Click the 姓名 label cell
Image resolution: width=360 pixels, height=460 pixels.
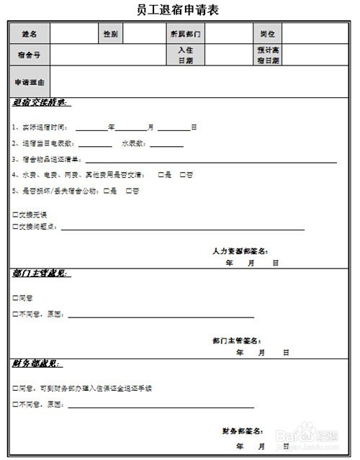tap(30, 34)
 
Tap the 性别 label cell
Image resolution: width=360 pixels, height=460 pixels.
tap(111, 34)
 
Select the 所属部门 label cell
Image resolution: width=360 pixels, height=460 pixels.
tap(186, 34)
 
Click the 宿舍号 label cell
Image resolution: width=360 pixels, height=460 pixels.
tap(30, 55)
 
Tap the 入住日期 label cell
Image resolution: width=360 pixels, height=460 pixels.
tap(186, 55)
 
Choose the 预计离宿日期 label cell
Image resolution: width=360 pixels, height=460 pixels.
tap(267, 55)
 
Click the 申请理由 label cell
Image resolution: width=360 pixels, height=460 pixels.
tap(30, 82)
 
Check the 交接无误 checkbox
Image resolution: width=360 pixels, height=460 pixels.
tap(16, 215)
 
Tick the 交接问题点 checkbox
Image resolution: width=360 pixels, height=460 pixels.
tap(16, 227)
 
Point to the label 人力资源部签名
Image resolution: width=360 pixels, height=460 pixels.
tap(240, 251)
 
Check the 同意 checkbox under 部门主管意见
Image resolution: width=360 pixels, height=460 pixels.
tap(16, 297)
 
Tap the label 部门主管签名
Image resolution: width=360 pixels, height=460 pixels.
tap(237, 341)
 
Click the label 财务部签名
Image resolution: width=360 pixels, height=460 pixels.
tap(246, 432)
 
